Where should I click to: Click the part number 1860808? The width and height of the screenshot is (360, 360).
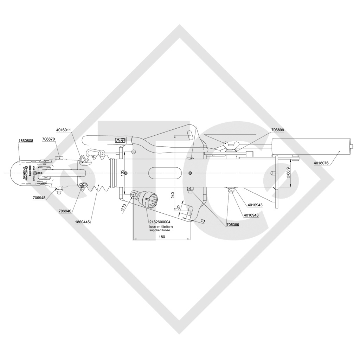[x=26, y=141]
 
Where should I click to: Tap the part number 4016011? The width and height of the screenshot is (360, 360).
[x=64, y=130]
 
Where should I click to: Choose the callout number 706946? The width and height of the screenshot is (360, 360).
[x=65, y=211]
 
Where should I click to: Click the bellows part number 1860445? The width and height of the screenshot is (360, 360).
[x=83, y=222]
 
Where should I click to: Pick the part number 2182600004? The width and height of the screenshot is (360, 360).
[x=160, y=222]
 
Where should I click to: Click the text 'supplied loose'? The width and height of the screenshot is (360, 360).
[x=160, y=230]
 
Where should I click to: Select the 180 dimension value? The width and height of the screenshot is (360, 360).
[x=162, y=237]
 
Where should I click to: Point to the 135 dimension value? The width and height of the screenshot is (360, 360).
[x=122, y=173]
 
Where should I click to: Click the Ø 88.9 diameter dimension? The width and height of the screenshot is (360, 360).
[x=288, y=172]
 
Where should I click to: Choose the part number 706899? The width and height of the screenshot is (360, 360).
[x=277, y=130]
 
